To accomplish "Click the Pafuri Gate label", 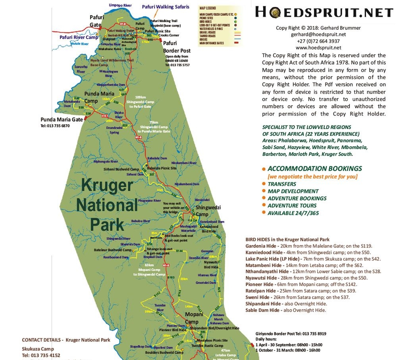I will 96,21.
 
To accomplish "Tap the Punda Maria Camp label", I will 99,97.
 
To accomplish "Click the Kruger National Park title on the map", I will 107,205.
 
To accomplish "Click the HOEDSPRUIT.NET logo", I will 324,12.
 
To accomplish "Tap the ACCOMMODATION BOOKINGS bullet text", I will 315,168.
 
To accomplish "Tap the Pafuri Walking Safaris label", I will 166,7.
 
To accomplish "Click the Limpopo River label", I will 120,5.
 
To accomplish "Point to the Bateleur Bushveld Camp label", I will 112,250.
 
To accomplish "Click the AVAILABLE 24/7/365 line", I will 293,213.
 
